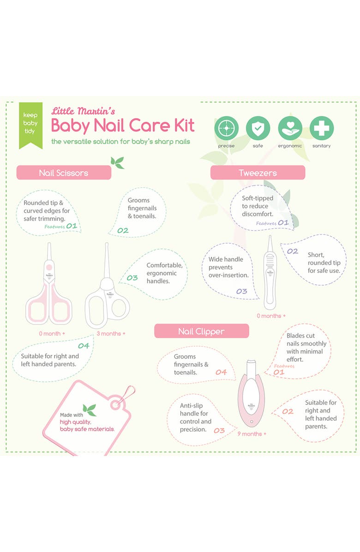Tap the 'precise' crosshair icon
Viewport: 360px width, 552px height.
(x=226, y=128)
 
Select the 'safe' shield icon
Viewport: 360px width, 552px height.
(x=258, y=128)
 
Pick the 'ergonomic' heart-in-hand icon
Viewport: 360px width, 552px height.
(x=290, y=128)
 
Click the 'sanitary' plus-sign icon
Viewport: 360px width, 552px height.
(x=322, y=128)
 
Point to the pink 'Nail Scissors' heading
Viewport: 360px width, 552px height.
(x=64, y=173)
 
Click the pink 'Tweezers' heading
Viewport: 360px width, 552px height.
(x=258, y=173)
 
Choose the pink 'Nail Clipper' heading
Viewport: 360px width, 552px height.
(x=201, y=331)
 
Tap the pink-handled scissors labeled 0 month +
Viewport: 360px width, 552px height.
(x=48, y=286)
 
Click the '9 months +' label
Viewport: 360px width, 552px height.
(x=252, y=434)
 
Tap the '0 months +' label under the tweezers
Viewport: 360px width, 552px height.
(x=271, y=316)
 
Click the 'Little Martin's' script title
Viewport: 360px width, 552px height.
(x=83, y=111)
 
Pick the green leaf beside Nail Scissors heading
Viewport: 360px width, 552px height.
(x=117, y=162)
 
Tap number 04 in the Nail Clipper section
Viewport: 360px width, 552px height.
(x=221, y=372)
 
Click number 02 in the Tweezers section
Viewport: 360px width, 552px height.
(x=293, y=252)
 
